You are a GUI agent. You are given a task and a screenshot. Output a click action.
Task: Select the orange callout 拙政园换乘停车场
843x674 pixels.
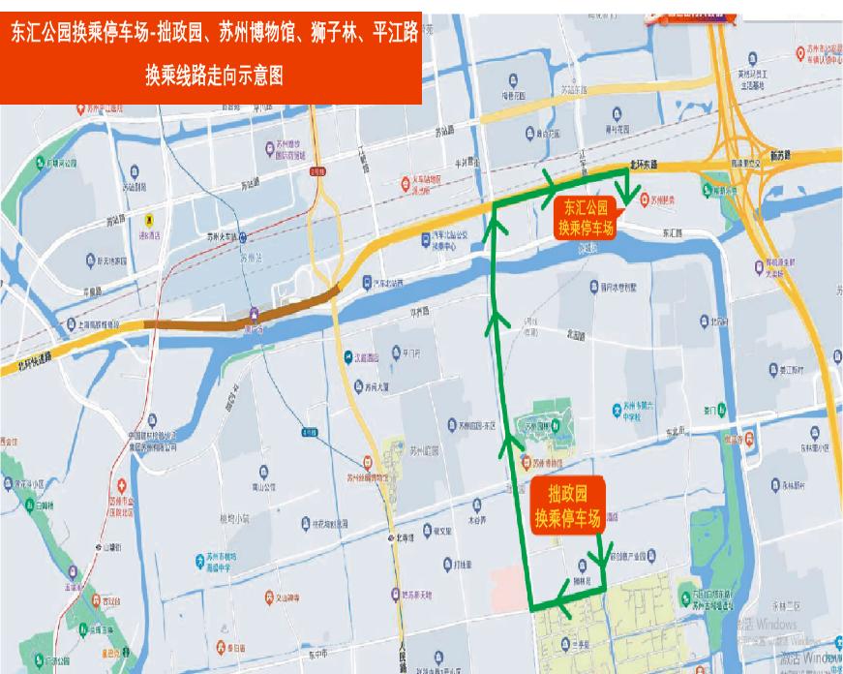point(568,505)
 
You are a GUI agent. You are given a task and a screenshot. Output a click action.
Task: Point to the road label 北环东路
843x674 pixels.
point(641,165)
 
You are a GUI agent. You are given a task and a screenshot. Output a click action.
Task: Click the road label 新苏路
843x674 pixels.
point(779,155)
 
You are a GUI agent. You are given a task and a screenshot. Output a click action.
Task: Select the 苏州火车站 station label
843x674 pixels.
point(223,235)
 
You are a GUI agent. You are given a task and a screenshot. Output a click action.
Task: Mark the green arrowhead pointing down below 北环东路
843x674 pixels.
point(627,197)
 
